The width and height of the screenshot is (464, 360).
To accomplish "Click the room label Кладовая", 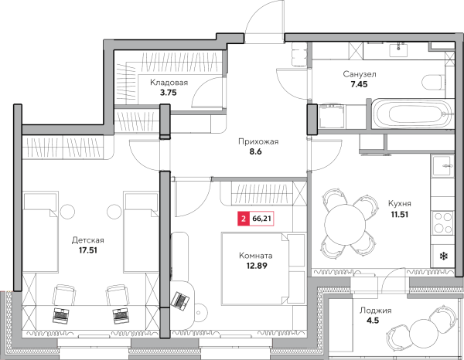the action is coord(169,83).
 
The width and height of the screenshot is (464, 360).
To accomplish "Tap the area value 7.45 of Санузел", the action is coord(359,84).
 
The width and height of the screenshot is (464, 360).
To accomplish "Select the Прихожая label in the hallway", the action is coord(258,142).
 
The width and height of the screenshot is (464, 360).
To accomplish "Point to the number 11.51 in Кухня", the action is coord(400,214).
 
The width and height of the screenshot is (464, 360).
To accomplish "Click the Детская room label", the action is coord(88,240).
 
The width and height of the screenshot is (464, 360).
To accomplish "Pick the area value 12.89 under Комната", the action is coord(257,266).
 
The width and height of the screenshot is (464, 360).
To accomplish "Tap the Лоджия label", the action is coord(376,311).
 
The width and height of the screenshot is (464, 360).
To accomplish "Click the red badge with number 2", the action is coord(244,219).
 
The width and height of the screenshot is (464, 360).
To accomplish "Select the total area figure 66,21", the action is coord(261,219).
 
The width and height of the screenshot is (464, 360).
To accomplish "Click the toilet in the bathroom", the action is coord(434,83).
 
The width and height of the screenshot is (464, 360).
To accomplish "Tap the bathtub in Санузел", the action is coord(412,114).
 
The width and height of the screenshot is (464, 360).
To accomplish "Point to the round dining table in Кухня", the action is coord(345,224).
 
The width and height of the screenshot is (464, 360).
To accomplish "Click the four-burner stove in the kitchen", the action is coord(442,222).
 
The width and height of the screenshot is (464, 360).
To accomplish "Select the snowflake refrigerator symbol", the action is coord(444,256).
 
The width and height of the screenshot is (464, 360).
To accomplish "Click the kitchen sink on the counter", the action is coord(442,166).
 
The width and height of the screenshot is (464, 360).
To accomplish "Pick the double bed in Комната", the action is coord(263,269).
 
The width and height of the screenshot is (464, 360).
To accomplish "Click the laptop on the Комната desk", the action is coord(181,301).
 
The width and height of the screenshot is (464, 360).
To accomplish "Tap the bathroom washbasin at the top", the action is coord(398,50).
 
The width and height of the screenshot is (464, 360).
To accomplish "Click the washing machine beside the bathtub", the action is coord(332,116).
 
